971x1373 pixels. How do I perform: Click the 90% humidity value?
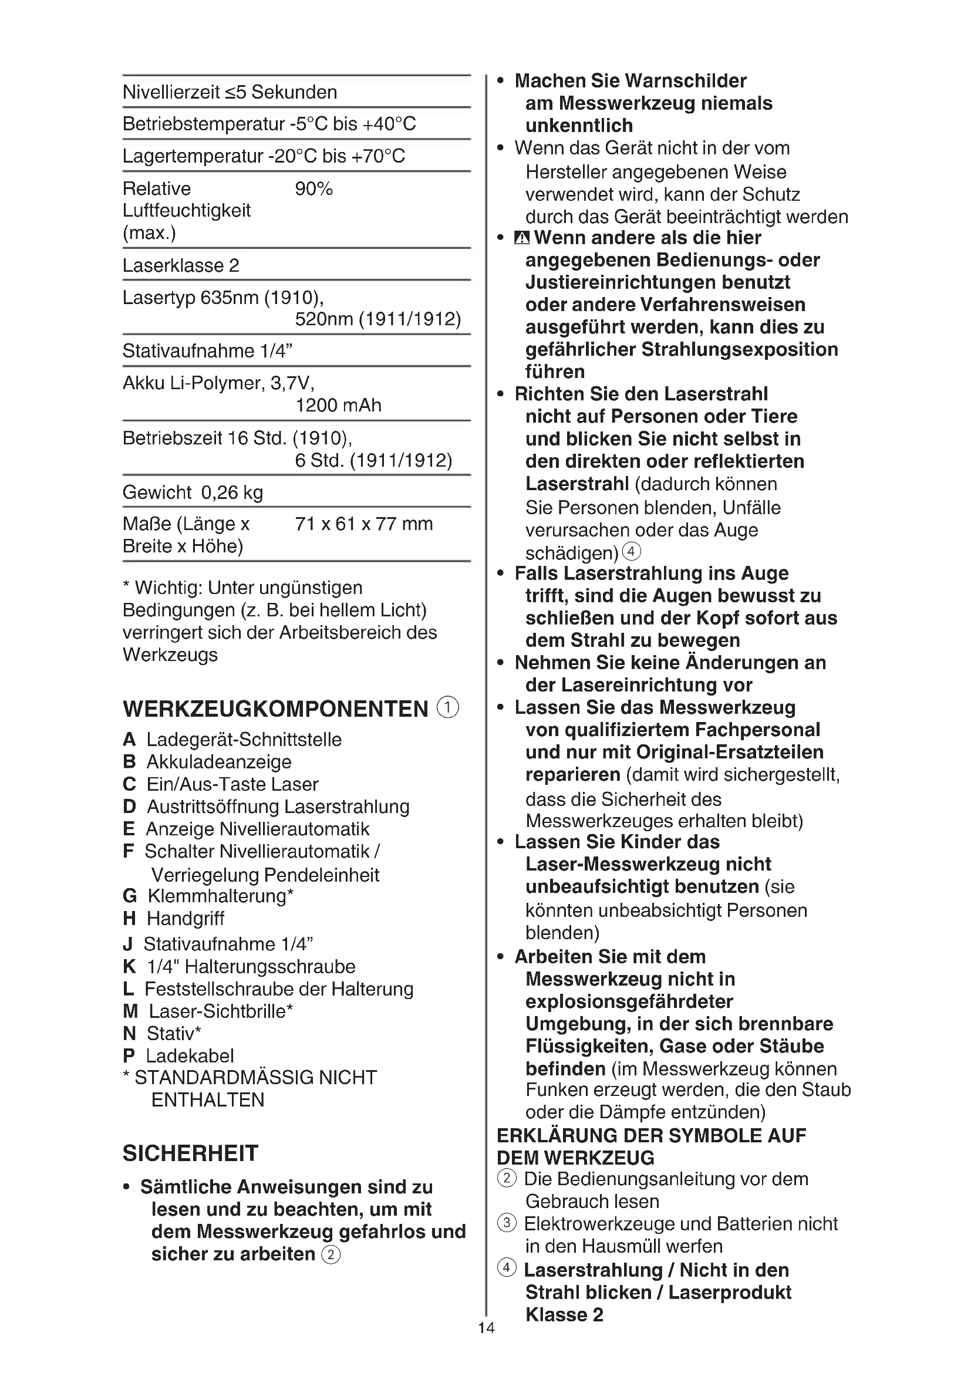(313, 189)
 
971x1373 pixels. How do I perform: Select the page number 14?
(486, 1344)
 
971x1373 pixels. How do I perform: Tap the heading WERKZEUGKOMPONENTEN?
(276, 709)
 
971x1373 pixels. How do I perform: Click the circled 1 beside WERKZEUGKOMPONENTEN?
(448, 707)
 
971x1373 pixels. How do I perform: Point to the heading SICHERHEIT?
(190, 1153)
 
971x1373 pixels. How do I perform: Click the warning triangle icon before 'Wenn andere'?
(522, 238)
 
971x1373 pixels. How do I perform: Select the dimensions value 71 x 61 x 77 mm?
(363, 524)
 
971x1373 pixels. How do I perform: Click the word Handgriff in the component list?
(186, 919)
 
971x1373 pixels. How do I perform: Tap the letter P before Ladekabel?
(129, 1056)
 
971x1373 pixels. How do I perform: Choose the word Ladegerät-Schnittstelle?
(244, 740)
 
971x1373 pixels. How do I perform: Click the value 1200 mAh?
(338, 406)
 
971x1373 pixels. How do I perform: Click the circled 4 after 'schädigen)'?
(632, 551)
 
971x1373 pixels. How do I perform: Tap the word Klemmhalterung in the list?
(217, 896)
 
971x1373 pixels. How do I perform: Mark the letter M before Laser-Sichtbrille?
(130, 1011)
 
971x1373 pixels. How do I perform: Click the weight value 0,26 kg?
(232, 492)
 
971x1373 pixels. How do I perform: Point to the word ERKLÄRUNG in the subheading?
(555, 1136)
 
